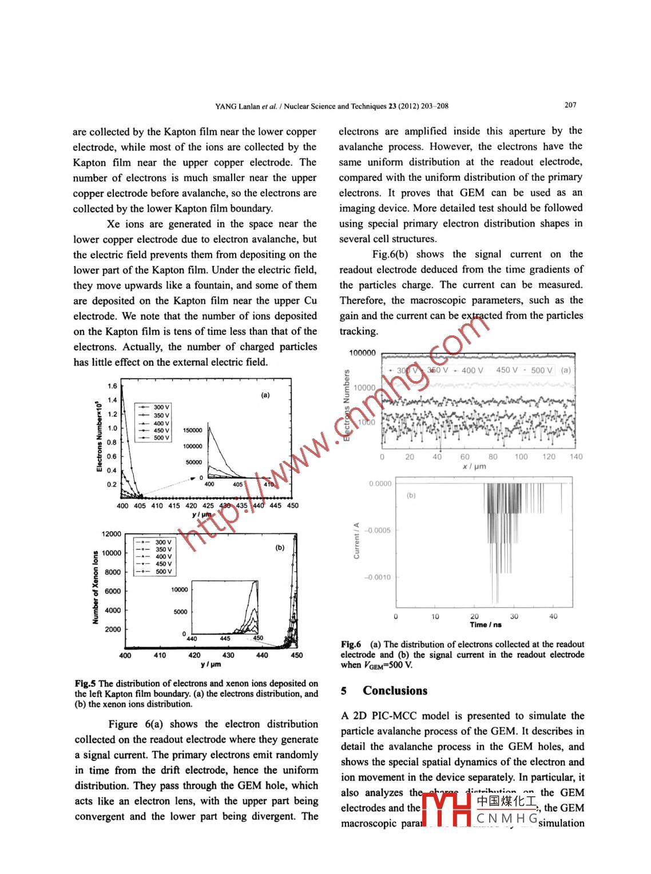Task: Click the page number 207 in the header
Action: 570,105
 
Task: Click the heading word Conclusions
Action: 395,691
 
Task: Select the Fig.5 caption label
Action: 85,683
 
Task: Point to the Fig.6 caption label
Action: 351,644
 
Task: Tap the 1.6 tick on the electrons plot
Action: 112,386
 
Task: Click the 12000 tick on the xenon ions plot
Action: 112,534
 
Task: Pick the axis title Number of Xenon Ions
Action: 96,587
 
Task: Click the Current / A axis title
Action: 357,540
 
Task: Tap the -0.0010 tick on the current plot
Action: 378,577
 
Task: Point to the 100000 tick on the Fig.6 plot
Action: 362,353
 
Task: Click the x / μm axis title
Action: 474,466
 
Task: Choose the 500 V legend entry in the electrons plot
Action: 161,438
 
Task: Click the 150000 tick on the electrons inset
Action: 193,430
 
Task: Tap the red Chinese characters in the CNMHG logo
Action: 506,801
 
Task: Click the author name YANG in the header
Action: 226,106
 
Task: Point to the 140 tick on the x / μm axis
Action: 576,457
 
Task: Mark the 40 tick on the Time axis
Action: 553,616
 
